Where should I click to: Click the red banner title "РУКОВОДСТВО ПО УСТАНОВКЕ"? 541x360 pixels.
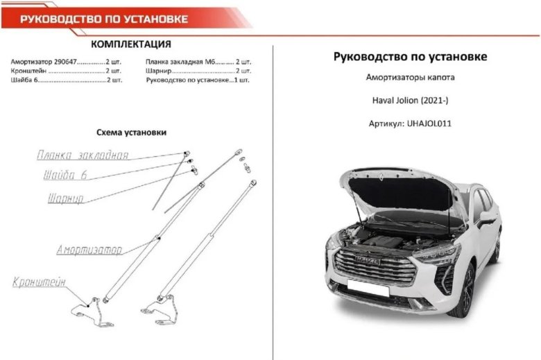[104, 18]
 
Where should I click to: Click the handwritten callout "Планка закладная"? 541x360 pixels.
[83, 155]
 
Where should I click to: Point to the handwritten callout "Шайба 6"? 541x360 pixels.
[65, 175]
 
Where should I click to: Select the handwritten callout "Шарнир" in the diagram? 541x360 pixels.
[66, 199]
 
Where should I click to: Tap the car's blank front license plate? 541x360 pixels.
[368, 286]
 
